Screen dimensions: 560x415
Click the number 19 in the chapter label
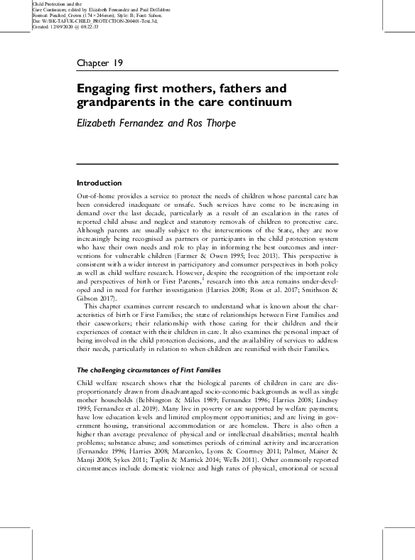117,63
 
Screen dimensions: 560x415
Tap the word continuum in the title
265,102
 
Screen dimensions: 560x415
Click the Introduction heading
99,183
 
